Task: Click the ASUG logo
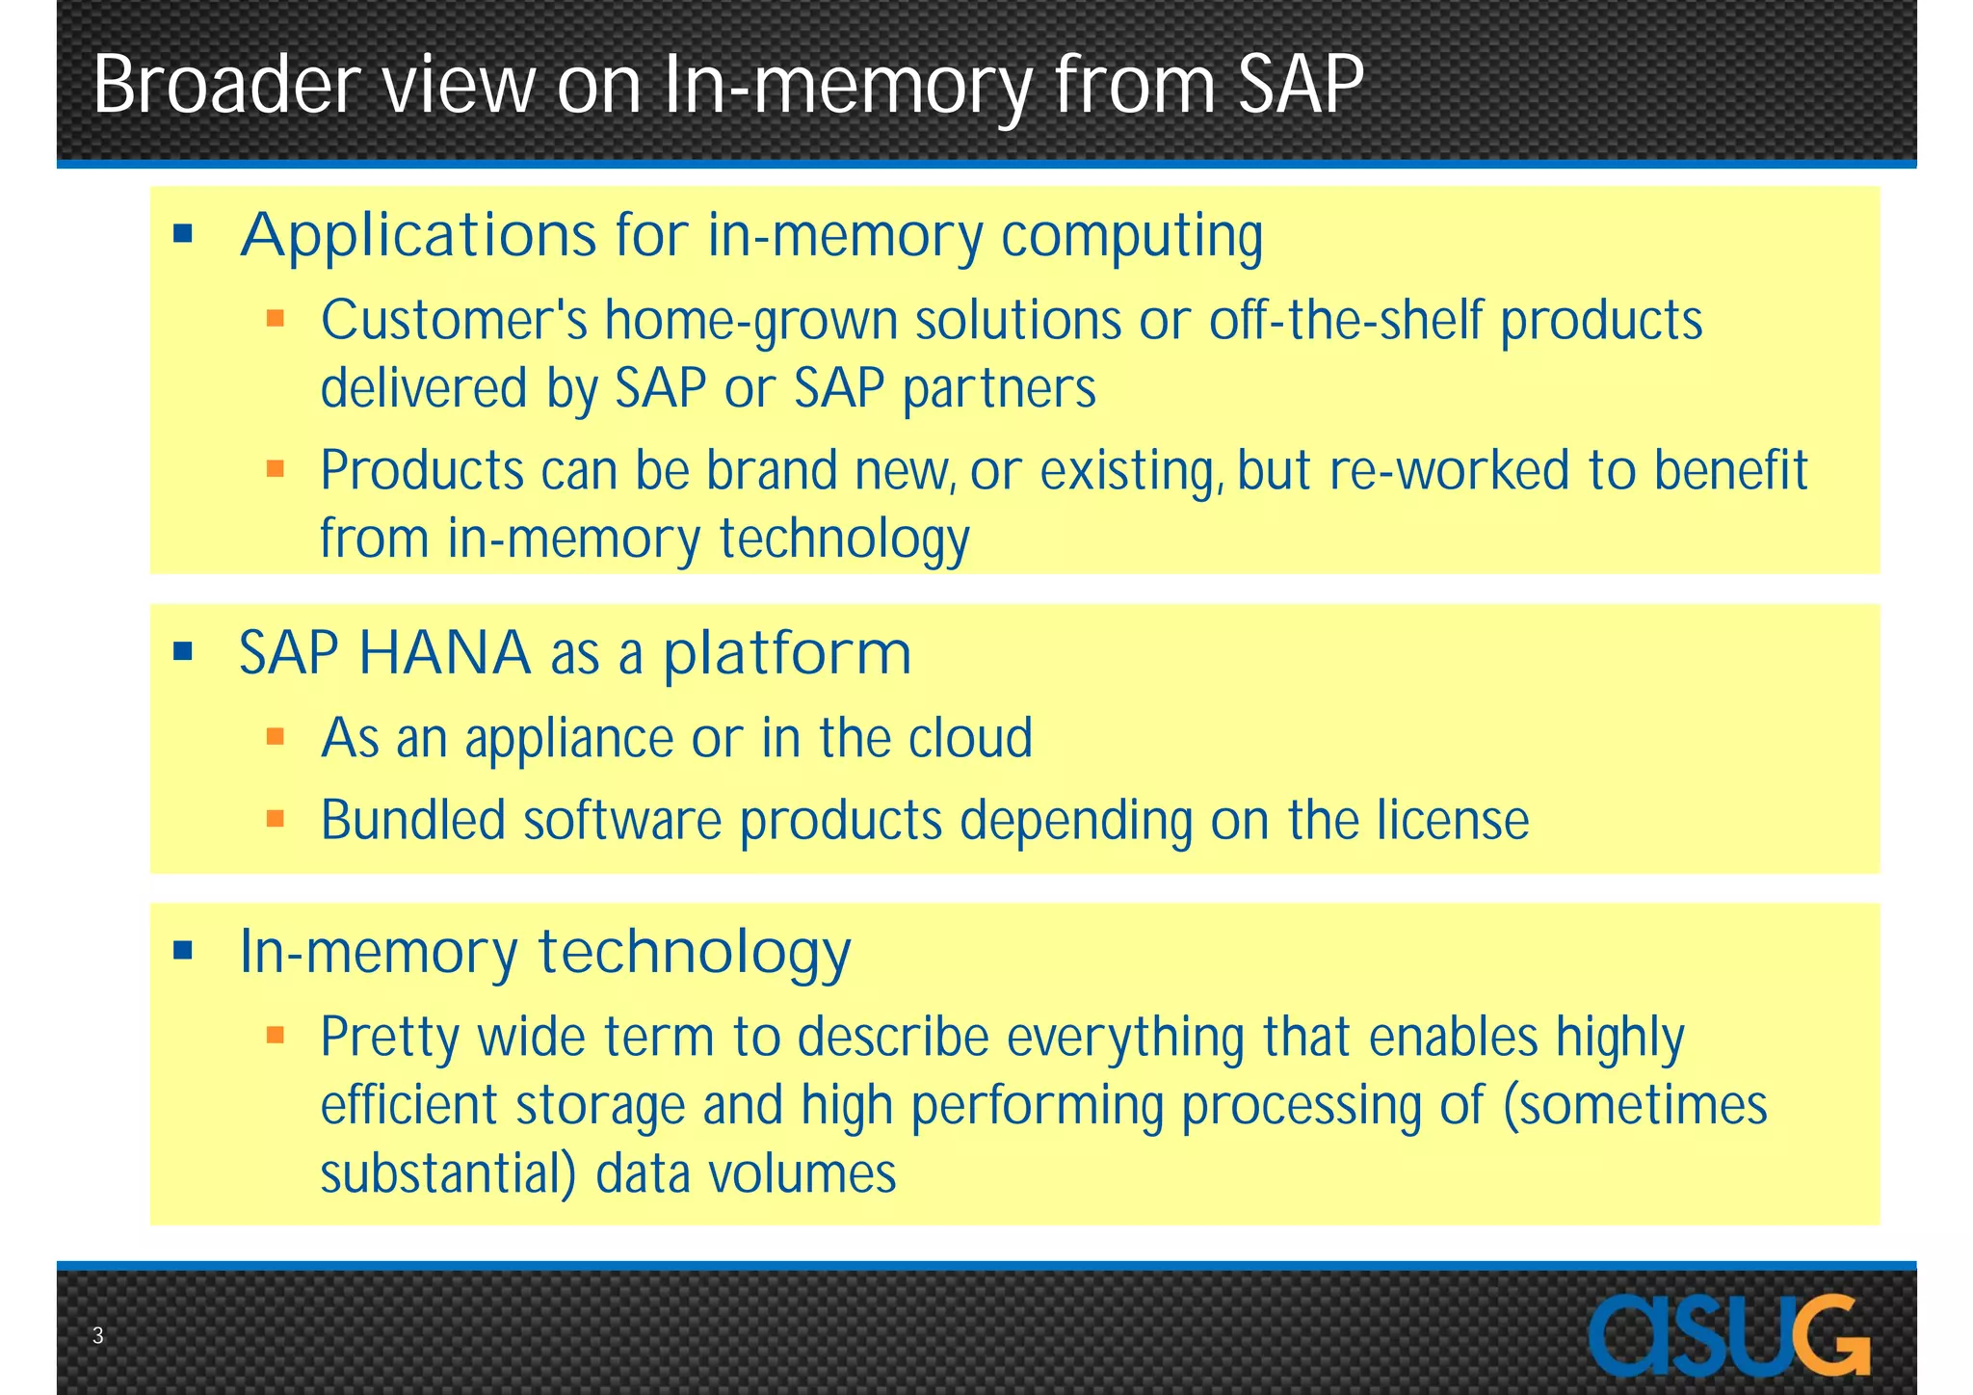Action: point(1728,1335)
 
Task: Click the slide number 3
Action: point(97,1335)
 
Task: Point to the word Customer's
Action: point(454,320)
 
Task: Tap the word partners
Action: point(999,389)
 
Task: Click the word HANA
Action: point(444,653)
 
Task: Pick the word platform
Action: point(787,653)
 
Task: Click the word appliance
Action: point(568,739)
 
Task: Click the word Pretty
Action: point(390,1038)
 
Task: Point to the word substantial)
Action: point(448,1174)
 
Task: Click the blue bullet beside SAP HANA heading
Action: point(183,652)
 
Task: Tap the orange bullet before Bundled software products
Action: point(276,820)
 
